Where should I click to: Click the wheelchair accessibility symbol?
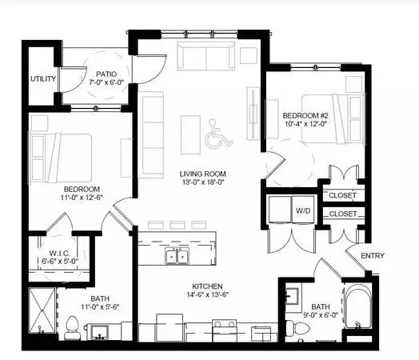click(218, 134)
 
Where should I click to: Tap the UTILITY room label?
click(43, 79)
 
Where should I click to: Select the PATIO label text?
click(106, 74)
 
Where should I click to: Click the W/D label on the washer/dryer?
click(303, 210)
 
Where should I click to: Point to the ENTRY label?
click(373, 256)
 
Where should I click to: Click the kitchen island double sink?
click(177, 256)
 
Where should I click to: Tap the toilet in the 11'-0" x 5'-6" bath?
click(72, 328)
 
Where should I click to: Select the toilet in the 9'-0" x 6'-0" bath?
click(297, 328)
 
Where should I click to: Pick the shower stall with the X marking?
click(42, 310)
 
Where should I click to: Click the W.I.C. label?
click(60, 253)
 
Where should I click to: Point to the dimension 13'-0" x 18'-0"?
click(203, 182)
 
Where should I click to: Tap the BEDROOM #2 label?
click(305, 116)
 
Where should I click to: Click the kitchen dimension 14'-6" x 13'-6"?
click(208, 294)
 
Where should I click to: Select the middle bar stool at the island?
click(178, 225)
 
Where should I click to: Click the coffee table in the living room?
click(190, 134)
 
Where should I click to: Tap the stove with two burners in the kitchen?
click(224, 331)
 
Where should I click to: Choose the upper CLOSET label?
click(342, 195)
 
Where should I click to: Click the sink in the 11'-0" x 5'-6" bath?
click(99, 332)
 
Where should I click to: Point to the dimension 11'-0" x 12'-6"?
click(82, 198)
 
